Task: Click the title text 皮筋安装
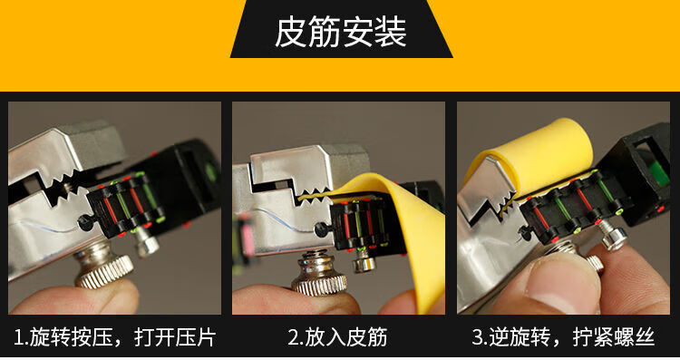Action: (x=341, y=33)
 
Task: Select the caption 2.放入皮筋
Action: (x=337, y=338)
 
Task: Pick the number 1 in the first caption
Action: (x=17, y=338)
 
